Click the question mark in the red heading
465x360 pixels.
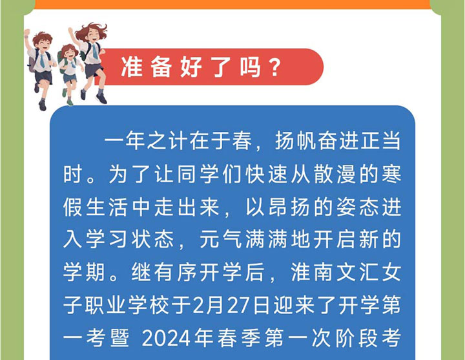[273, 67]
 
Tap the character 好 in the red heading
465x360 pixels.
[191, 67]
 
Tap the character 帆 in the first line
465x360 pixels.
[306, 140]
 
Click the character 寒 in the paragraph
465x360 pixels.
[391, 174]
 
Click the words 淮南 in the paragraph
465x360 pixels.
[313, 272]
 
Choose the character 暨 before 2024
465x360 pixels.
[119, 338]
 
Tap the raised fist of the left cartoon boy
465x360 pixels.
[26, 32]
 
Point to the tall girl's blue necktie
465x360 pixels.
[95, 51]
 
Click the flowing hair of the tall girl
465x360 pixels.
[89, 29]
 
